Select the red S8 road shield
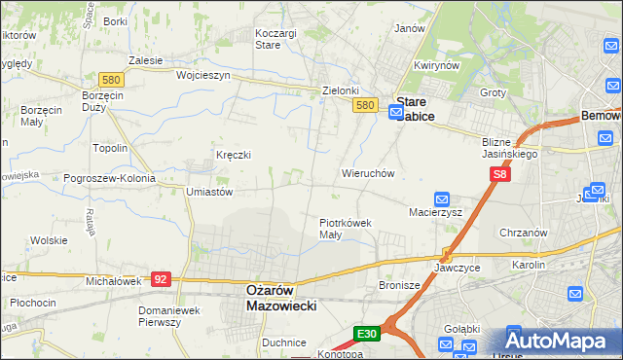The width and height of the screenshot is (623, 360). click(x=499, y=174)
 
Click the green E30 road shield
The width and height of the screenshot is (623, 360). click(x=366, y=334)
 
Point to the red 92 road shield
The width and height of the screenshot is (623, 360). click(x=162, y=279)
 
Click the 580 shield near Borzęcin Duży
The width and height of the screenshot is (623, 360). click(x=109, y=79)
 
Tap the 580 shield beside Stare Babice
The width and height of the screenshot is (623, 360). click(x=365, y=105)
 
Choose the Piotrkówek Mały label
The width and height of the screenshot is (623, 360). click(x=346, y=229)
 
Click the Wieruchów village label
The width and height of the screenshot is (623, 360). click(x=367, y=173)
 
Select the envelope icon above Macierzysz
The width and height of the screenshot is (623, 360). click(x=441, y=198)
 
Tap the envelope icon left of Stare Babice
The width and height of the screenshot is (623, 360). click(x=395, y=113)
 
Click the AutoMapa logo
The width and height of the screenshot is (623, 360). click(x=560, y=341)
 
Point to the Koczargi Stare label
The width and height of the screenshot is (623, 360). click(x=275, y=38)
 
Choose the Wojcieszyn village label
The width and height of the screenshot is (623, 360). click(x=202, y=75)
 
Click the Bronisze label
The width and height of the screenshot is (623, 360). click(x=397, y=285)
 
